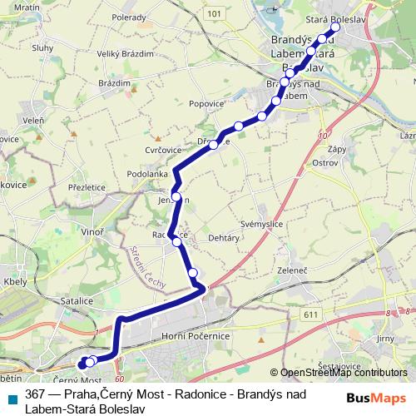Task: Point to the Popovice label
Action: pos(207,105)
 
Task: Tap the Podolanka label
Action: pos(148,174)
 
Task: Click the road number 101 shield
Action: pos(215,14)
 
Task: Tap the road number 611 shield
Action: pos(311,313)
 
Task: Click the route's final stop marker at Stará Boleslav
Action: pos(335,25)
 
